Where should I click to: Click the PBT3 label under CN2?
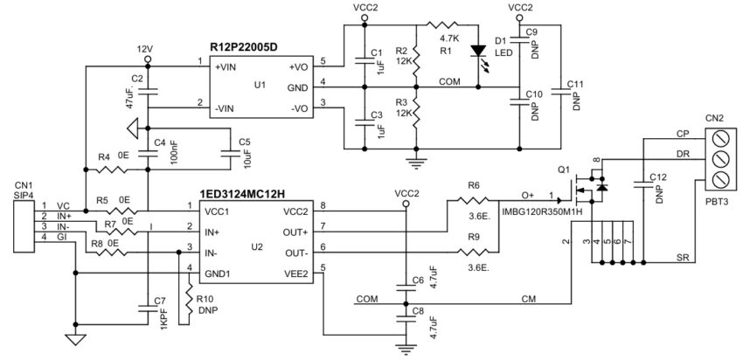(x=719, y=200)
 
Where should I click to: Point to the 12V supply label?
(x=146, y=49)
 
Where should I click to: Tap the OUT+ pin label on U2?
(x=295, y=232)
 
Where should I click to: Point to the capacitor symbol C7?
(x=147, y=307)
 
